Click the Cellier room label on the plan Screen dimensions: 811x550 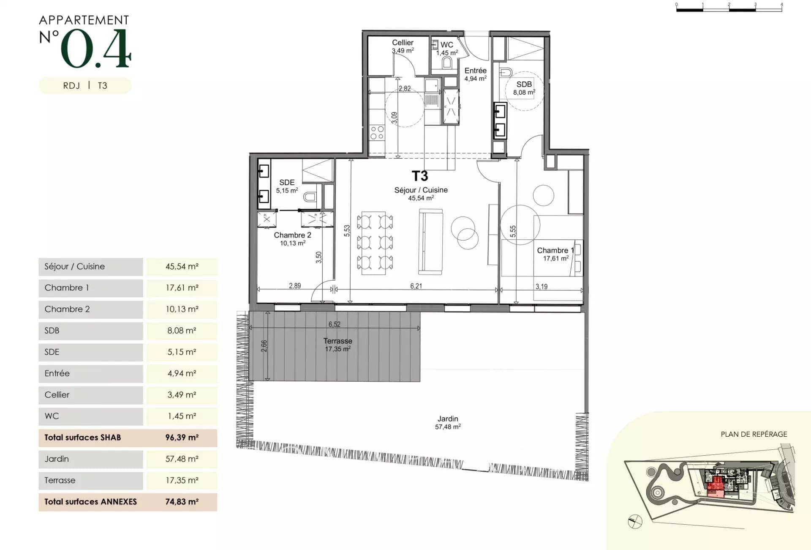click(403, 43)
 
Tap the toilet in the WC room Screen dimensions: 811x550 click(447, 63)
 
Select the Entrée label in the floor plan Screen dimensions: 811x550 click(476, 71)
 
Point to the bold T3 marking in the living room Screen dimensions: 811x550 click(420, 176)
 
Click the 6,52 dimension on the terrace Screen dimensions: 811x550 click(335, 324)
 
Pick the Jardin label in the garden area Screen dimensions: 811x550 click(448, 419)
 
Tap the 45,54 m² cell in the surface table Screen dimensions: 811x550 click(182, 266)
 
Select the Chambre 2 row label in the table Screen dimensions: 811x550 click(67, 309)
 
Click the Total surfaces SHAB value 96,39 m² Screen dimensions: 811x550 click(182, 438)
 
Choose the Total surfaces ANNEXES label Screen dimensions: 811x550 click(91, 502)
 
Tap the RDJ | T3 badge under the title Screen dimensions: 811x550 click(85, 85)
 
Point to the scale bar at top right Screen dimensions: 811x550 click(729, 8)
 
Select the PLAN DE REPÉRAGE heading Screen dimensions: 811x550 click(754, 434)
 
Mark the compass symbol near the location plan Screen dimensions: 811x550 click(635, 522)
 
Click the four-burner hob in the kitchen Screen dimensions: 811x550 click(377, 132)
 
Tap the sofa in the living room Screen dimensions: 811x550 click(431, 242)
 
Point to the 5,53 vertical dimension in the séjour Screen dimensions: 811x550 click(347, 230)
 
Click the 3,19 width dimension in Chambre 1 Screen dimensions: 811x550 click(542, 287)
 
